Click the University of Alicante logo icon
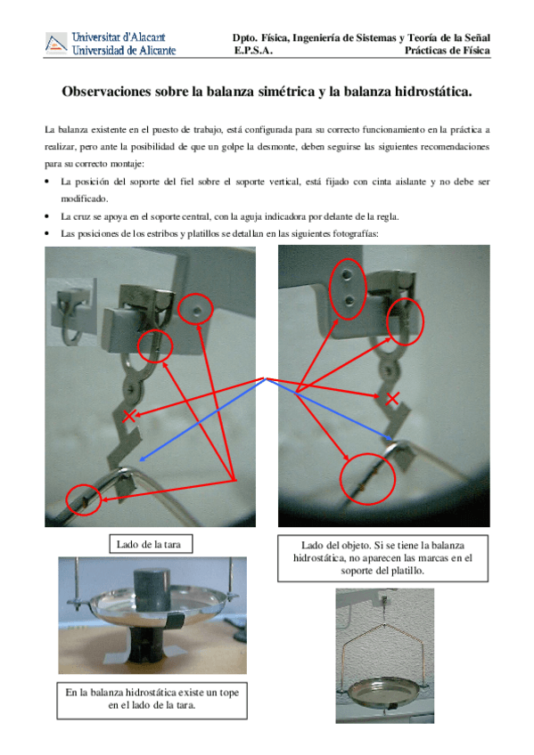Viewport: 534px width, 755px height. pos(56,43)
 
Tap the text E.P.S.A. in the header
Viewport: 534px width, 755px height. pos(253,51)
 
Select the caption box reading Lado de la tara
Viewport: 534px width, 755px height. pos(151,544)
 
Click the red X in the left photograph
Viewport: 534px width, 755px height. pos(128,416)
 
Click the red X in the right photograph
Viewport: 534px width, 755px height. pos(392,398)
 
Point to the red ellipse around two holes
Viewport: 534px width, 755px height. pos(348,288)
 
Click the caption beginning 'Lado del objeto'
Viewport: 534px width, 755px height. pos(382,558)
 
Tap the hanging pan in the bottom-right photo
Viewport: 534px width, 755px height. pos(384,694)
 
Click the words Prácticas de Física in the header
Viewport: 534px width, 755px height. pos(448,51)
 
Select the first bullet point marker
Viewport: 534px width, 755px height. pos(47,182)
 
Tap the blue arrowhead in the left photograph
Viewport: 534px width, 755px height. pos(142,459)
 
